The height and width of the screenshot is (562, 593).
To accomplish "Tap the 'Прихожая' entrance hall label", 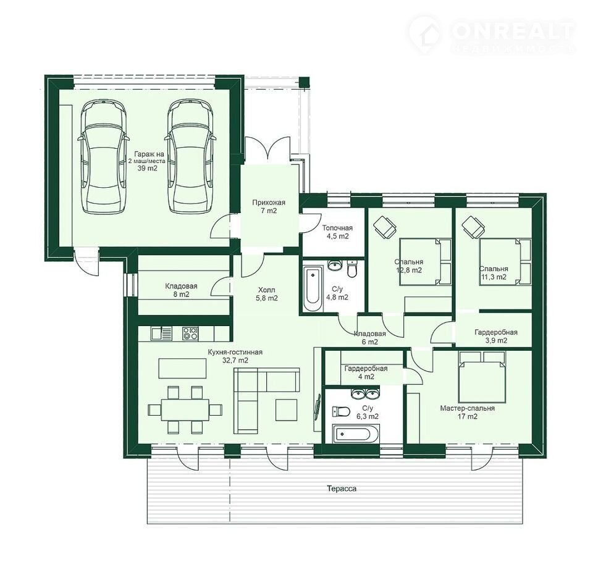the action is pos(269,203).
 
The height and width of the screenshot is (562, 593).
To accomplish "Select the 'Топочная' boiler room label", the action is pos(337,228).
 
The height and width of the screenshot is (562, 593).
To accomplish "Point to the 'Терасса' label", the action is pos(342,489).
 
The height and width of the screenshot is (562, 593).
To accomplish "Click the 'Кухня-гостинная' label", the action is pos(235,352).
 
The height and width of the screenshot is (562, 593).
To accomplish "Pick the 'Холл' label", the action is pos(267,290).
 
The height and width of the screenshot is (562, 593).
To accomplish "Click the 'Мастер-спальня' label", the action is pos(468,408).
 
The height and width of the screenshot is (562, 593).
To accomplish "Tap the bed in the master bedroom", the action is pos(482,377).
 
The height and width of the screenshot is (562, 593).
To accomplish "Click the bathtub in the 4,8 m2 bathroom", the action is pos(313,288).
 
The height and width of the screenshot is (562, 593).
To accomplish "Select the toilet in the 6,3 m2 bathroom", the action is pos(340,411).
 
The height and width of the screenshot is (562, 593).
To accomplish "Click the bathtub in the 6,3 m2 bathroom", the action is pos(356,434).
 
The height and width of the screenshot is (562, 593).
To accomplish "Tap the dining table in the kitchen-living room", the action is pos(185,409).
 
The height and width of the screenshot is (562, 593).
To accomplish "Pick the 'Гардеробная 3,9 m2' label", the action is pos(496,336).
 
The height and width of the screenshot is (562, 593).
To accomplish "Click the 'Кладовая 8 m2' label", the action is pos(181,290).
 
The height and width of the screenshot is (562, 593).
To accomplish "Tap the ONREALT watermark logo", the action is pos(492,36).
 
